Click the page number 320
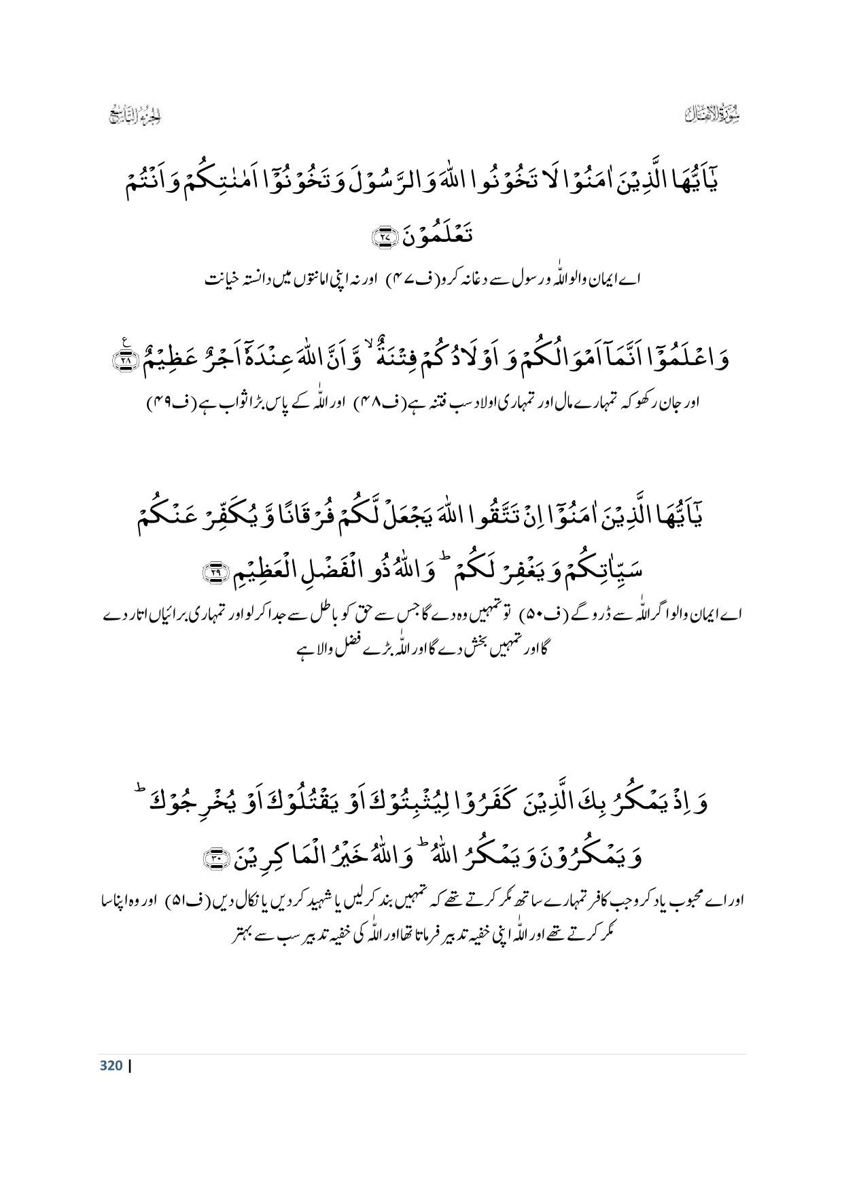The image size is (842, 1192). coord(111,1065)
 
